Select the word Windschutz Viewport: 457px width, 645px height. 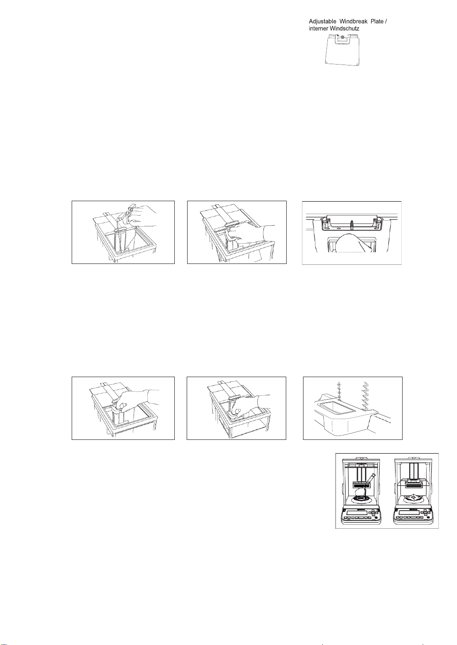point(345,28)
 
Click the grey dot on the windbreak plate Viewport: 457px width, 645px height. point(342,37)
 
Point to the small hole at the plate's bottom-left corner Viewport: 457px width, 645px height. point(326,62)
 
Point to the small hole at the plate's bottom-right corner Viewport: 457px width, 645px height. point(357,64)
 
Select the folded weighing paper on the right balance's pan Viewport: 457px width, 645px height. point(412,497)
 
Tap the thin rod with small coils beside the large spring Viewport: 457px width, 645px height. point(340,391)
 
